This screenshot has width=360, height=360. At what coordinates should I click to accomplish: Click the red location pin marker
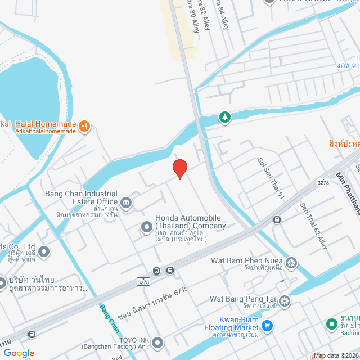179,168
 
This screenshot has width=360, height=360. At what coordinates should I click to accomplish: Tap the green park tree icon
225,116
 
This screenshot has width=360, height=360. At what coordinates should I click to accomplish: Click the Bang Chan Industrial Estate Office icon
125,201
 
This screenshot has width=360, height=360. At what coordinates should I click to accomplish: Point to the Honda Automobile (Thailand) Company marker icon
146,227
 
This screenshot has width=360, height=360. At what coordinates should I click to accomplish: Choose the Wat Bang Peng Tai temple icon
285,300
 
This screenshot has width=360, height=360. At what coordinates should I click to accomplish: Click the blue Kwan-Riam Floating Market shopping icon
267,325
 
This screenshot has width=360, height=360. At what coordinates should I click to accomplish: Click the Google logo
19,353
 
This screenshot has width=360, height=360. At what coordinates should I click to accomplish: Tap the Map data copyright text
336,355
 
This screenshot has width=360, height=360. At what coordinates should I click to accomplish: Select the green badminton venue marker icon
332,325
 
